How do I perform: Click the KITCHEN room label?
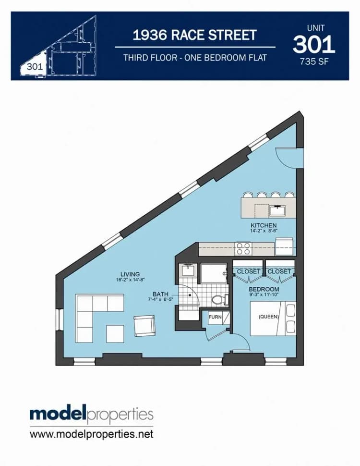[264, 225]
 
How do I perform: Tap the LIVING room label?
[130, 274]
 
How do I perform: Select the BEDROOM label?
[264, 289]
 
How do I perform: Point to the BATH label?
[160, 294]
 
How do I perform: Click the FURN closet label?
[215, 317]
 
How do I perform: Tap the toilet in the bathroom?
[220, 299]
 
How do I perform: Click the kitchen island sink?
[277, 210]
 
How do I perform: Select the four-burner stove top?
[243, 249]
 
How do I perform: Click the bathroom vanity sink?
[187, 270]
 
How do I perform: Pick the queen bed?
[273, 319]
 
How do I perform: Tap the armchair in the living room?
[144, 326]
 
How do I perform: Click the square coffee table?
[115, 334]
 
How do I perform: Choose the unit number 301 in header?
[314, 45]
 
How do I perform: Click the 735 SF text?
[314, 61]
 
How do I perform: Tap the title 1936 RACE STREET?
[194, 35]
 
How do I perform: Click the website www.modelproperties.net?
[92, 434]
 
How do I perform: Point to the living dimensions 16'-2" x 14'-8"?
[130, 280]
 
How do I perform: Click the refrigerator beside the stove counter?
[284, 246]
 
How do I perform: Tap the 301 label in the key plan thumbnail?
[35, 67]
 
